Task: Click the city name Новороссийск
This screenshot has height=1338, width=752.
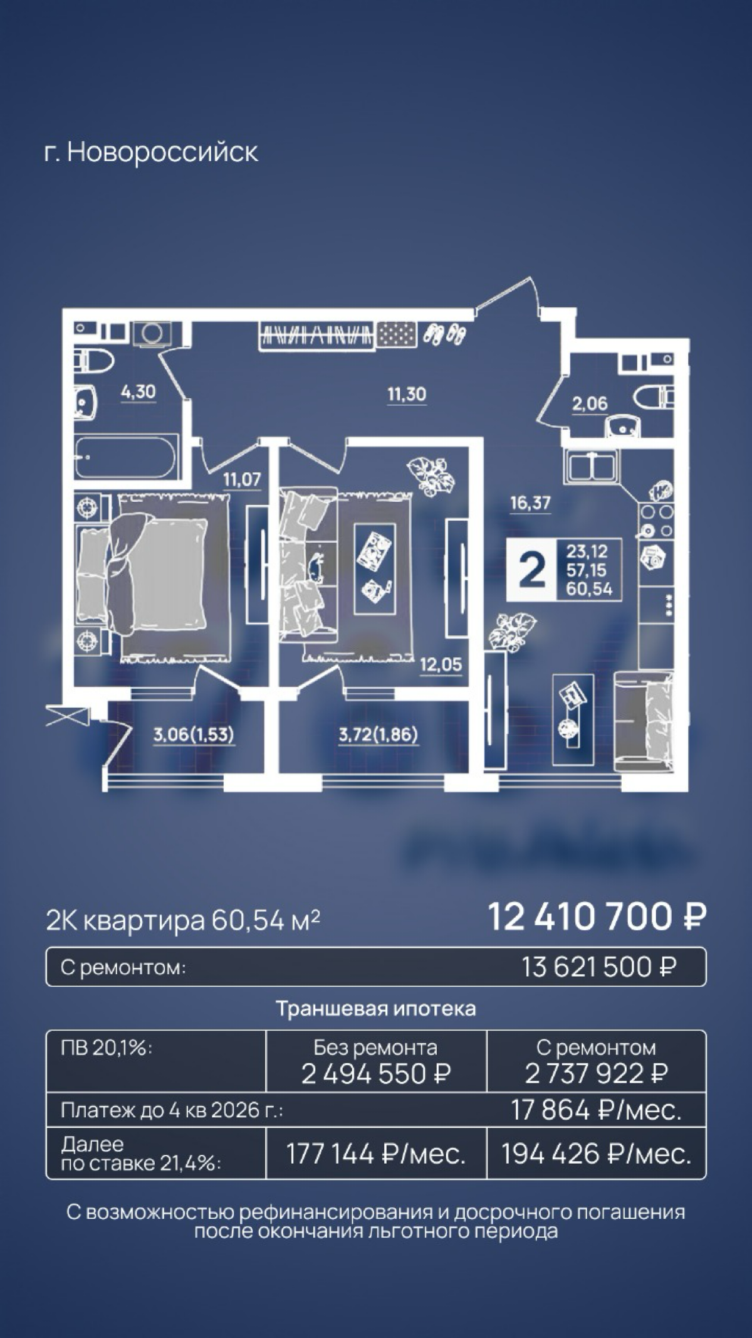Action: (162, 152)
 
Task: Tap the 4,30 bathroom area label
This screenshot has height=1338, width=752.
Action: (138, 393)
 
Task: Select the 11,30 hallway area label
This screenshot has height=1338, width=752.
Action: (407, 395)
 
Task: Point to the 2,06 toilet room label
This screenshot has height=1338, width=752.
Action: (589, 404)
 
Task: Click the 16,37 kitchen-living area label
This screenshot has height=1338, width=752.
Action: (530, 503)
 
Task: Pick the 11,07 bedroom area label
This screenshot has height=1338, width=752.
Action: (242, 480)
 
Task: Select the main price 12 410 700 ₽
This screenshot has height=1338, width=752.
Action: (597, 917)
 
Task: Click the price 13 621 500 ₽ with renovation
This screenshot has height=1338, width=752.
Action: (598, 967)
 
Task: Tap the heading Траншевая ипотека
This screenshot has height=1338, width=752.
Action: (376, 1009)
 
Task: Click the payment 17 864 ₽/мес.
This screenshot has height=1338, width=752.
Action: (596, 1111)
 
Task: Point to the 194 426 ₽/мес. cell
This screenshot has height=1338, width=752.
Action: (596, 1154)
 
